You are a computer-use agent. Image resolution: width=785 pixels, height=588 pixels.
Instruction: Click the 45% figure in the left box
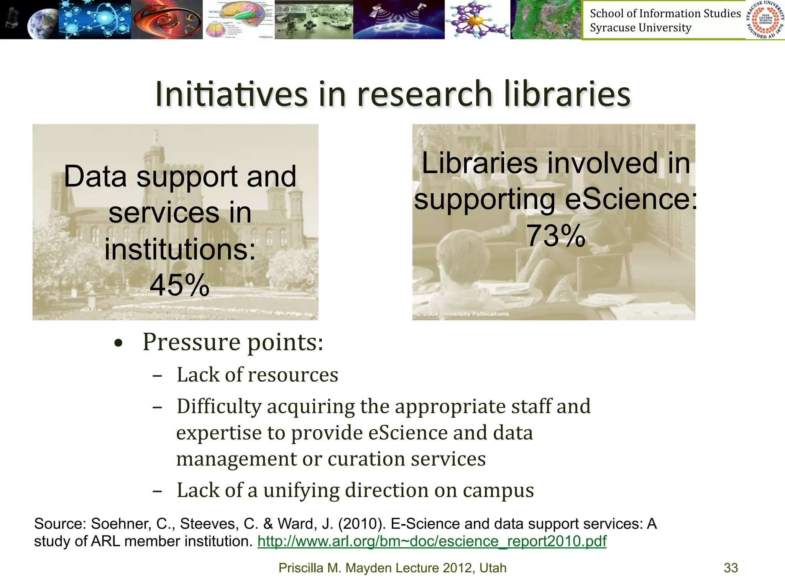(179, 285)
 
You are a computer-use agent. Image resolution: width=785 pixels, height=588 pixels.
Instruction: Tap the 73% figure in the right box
(556, 236)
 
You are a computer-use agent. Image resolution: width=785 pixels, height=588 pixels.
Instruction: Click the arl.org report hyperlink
(432, 541)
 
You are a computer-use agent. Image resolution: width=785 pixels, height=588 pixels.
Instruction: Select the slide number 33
(731, 568)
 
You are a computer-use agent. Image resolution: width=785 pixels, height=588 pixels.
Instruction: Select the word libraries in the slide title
(567, 94)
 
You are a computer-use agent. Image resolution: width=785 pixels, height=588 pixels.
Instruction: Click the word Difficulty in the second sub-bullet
(219, 407)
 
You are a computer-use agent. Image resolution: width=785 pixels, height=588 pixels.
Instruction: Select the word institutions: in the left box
(180, 249)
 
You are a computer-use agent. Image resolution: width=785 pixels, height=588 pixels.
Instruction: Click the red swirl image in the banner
(167, 19)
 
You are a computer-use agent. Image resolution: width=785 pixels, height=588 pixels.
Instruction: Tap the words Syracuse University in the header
(640, 28)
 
